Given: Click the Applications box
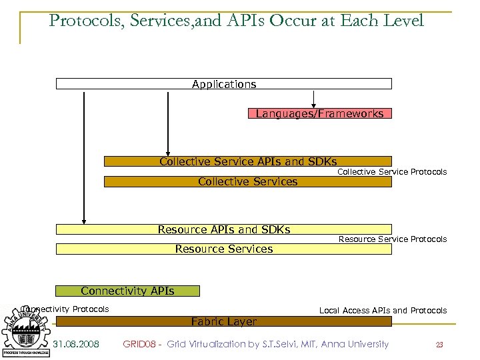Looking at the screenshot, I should coord(224,84).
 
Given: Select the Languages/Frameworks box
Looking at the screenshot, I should coord(319,113).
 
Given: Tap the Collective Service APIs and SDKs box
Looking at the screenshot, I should coord(247,161).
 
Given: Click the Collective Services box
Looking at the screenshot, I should coord(247,181).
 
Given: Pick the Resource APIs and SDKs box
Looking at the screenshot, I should coord(223,229).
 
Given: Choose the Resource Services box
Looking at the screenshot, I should coord(223,249).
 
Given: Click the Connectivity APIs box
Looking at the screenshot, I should coord(127,291).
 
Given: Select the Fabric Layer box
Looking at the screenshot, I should coord(223,321).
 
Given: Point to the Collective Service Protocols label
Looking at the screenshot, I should coord(392,172).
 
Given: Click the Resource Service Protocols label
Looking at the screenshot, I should coord(393,239).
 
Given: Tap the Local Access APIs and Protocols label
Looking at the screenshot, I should coord(383,311).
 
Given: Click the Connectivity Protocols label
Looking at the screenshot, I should coord(65,309).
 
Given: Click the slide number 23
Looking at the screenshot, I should coord(439,345).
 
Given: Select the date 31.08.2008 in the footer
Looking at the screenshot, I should coord(76,344).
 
